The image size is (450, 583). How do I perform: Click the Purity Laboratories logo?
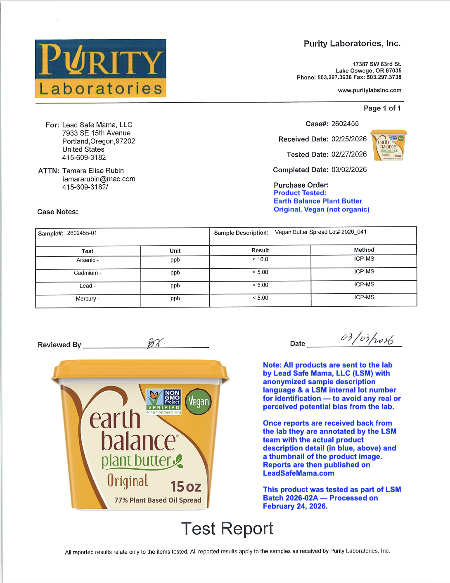(x=100, y=68)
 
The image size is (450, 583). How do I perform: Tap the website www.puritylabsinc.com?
(x=369, y=90)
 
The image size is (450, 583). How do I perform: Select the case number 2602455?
(x=345, y=124)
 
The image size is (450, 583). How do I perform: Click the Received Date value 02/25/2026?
(x=349, y=139)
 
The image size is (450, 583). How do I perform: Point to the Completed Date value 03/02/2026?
(x=349, y=169)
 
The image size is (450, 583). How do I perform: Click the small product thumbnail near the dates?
(x=388, y=145)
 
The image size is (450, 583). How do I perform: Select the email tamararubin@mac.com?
(x=99, y=179)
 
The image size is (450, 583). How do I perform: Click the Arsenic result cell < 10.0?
(x=260, y=259)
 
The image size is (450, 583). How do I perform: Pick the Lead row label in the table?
(x=88, y=286)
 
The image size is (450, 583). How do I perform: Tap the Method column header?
(x=364, y=250)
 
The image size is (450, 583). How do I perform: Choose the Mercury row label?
(x=88, y=299)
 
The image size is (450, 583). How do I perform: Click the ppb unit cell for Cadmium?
(x=175, y=273)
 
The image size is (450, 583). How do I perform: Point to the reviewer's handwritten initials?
(x=155, y=343)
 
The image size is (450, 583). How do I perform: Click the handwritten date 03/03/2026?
(x=367, y=339)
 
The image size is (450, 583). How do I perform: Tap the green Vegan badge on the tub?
(x=198, y=401)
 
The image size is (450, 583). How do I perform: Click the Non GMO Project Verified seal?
(x=164, y=401)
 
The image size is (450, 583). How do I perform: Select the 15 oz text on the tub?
(x=186, y=487)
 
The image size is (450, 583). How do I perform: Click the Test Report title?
(x=227, y=529)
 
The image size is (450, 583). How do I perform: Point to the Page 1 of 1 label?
(x=382, y=108)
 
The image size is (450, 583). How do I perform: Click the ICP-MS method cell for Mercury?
(x=364, y=297)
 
